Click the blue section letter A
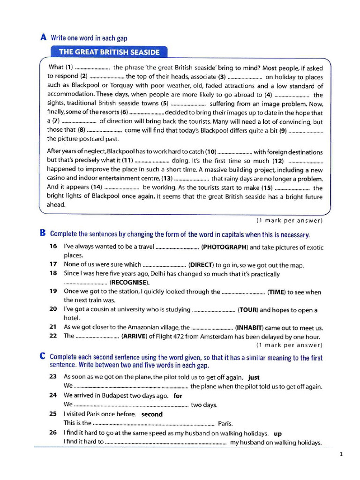[44, 37]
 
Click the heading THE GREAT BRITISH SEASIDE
[109, 52]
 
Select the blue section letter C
[43, 357]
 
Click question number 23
[53, 377]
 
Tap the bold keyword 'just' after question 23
[254, 377]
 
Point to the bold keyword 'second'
[152, 414]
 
